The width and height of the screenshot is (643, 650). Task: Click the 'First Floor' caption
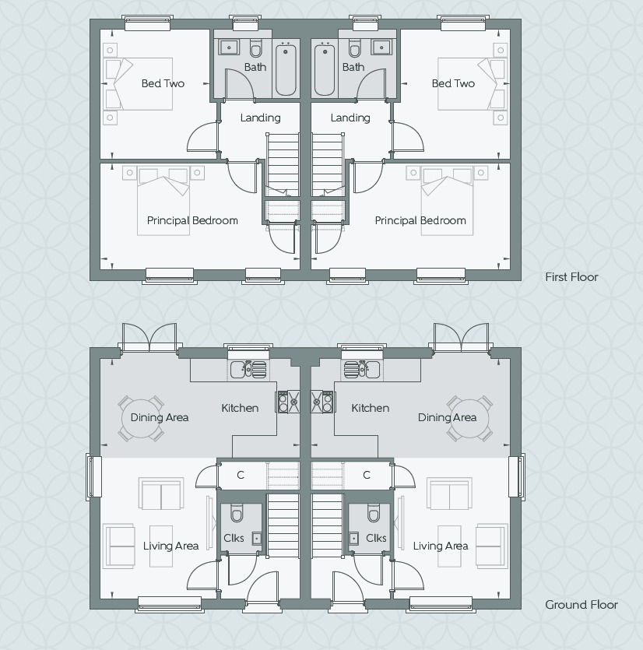pos(571,277)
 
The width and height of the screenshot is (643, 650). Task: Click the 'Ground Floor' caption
pos(581,605)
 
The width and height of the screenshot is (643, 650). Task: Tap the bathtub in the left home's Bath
pos(286,70)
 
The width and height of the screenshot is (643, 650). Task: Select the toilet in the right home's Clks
pos(374,514)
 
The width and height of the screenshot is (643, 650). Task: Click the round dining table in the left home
pos(142,417)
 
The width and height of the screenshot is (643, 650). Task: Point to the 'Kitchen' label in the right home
pos(370,408)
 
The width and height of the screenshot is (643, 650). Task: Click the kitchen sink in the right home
pos(361,368)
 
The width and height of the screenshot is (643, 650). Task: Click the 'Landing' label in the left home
pos(260,118)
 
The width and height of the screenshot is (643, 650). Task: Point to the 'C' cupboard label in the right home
pos(367,475)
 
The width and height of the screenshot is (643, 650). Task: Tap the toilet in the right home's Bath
pos(356,50)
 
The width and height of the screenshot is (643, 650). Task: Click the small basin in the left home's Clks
pos(256,538)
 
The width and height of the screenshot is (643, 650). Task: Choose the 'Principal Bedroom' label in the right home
pos(420,220)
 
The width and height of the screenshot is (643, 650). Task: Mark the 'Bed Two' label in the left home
pos(163,83)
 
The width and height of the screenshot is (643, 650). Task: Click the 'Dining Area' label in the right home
pos(447,417)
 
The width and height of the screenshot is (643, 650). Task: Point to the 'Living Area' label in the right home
pos(441,546)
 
